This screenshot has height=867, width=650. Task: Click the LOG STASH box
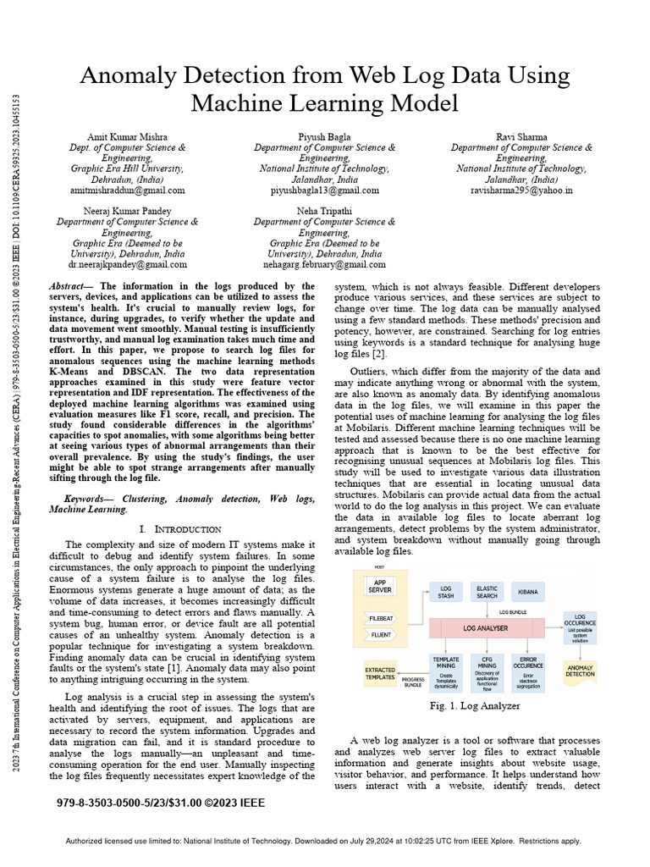445,591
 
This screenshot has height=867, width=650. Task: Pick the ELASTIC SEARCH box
487,591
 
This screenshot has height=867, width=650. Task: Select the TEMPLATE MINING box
445,666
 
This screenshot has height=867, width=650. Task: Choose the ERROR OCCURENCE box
532,666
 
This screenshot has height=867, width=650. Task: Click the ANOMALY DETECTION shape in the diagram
580,671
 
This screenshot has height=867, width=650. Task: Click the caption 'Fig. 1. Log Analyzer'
474,705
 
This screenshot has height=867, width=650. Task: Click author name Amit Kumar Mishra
127,136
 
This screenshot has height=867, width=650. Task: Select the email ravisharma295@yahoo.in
521,191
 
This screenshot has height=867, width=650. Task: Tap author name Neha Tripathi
324,210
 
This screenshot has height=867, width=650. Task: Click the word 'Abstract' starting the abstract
70,287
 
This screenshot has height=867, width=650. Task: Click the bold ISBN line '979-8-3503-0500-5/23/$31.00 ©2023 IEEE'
161,802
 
